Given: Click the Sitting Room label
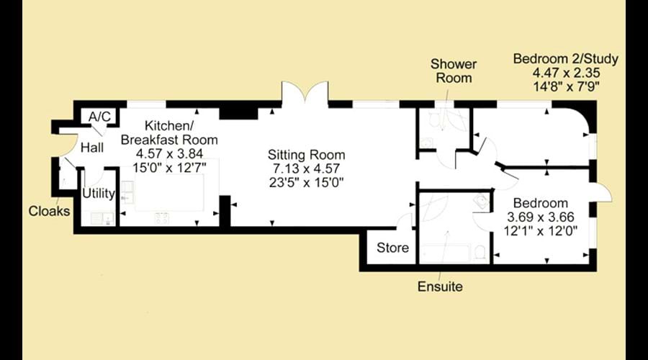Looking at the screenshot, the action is [x=306, y=155].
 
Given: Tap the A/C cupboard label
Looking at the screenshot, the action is [x=99, y=117].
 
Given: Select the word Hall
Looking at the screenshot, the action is [x=91, y=148].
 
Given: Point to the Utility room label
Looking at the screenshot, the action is [x=99, y=194].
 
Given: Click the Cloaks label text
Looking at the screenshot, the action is [x=49, y=211].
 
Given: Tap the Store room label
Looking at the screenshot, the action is [x=392, y=248].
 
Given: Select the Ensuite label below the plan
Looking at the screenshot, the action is [x=440, y=287].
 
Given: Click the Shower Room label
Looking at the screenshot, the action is [x=454, y=71].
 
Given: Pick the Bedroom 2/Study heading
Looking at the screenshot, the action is [x=566, y=59].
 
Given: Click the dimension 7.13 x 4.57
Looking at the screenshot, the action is [x=306, y=168].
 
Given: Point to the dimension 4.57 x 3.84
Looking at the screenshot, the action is [x=169, y=154].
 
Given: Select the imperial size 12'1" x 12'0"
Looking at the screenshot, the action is [x=541, y=230].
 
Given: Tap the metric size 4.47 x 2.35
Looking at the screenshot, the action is [x=566, y=73].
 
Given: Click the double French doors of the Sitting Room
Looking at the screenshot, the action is [x=305, y=91].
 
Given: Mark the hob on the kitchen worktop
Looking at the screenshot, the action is [x=161, y=218].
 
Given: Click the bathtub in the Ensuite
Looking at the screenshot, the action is [x=445, y=253].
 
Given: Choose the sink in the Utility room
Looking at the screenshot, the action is [x=99, y=217].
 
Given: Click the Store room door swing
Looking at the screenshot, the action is [x=404, y=221].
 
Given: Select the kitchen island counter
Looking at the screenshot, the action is [x=169, y=192].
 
